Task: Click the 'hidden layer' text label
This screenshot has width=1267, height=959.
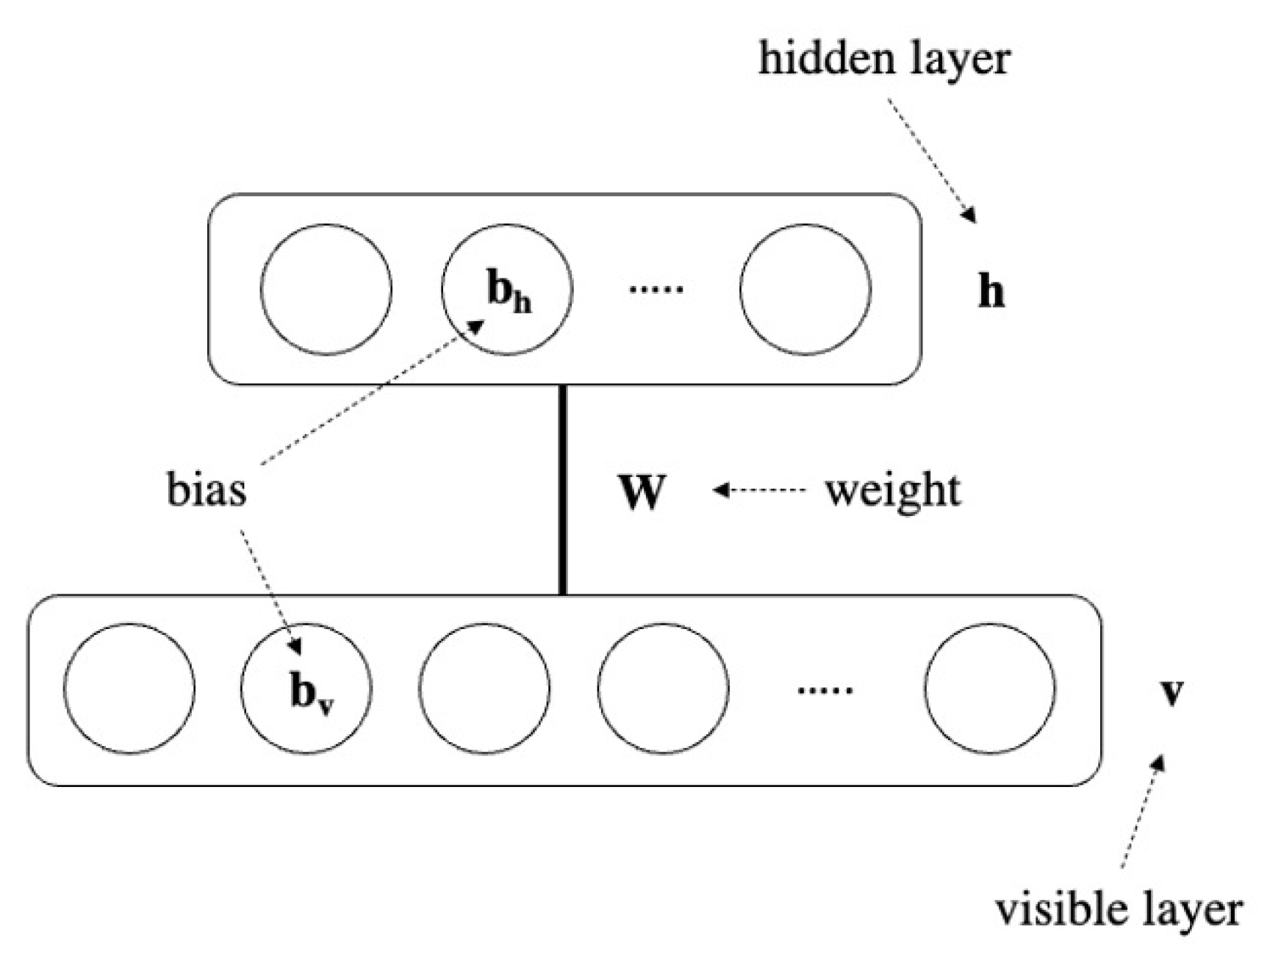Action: pyautogui.click(x=884, y=59)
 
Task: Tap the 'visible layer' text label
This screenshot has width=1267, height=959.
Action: pyautogui.click(x=1118, y=910)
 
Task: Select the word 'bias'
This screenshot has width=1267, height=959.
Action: pyautogui.click(x=207, y=490)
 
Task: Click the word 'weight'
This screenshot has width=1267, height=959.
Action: pyautogui.click(x=892, y=490)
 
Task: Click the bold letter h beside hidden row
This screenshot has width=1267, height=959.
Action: pyautogui.click(x=991, y=292)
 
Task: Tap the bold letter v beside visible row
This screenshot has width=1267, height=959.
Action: pyautogui.click(x=1171, y=692)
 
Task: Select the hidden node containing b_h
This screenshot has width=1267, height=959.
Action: pyautogui.click(x=506, y=290)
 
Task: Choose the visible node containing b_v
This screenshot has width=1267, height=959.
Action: pyautogui.click(x=306, y=689)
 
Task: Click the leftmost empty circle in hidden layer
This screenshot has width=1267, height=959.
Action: pyautogui.click(x=326, y=290)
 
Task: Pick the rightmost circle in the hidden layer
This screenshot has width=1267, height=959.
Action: pyautogui.click(x=805, y=290)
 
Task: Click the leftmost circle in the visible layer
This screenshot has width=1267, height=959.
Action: pyautogui.click(x=129, y=689)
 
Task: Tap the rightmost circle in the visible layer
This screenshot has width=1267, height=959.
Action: pyautogui.click(x=989, y=689)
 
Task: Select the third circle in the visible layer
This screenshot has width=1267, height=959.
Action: pyautogui.click(x=484, y=689)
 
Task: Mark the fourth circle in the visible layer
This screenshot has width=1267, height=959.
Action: pyautogui.click(x=663, y=689)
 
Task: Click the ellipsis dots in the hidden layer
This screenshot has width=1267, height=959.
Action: pyautogui.click(x=656, y=290)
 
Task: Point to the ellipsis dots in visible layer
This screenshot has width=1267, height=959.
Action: pyautogui.click(x=825, y=690)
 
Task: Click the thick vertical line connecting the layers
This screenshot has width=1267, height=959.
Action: pyautogui.click(x=563, y=490)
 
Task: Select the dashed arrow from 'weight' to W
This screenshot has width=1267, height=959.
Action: pyautogui.click(x=761, y=490)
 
